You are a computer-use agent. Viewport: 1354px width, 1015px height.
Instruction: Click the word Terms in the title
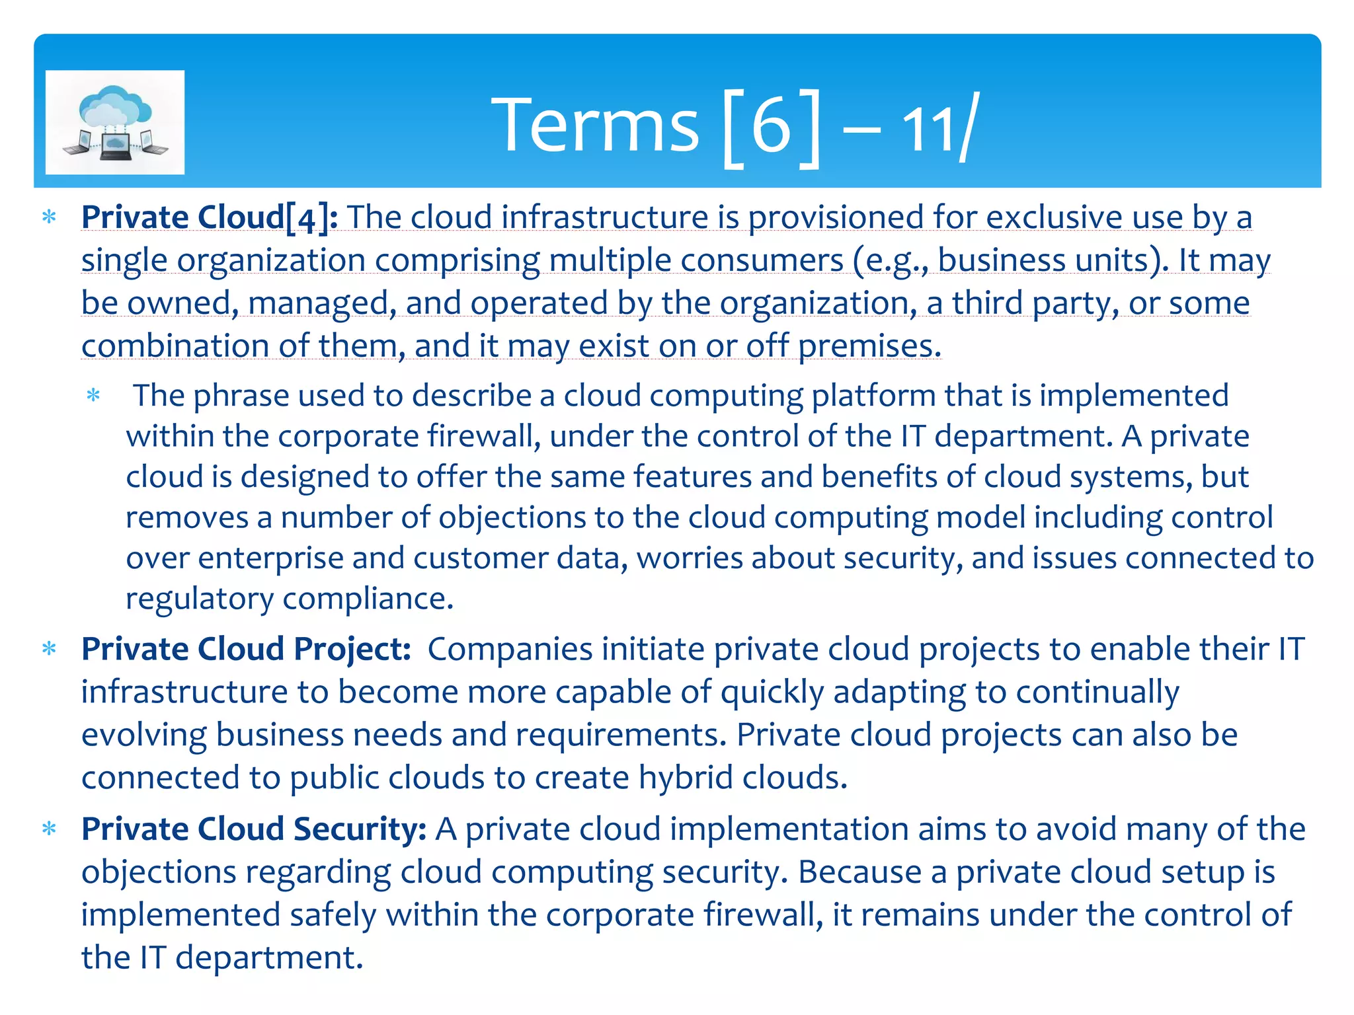click(x=594, y=125)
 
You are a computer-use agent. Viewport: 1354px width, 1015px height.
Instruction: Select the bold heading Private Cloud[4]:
click(x=210, y=217)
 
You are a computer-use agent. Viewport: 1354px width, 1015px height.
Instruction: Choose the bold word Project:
click(x=352, y=650)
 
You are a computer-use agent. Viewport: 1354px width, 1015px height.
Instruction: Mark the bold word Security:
click(x=360, y=829)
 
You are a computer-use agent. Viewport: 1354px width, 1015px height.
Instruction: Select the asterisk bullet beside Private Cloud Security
click(x=49, y=829)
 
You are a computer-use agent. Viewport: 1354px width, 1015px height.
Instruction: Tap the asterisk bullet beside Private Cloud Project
click(x=49, y=649)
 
